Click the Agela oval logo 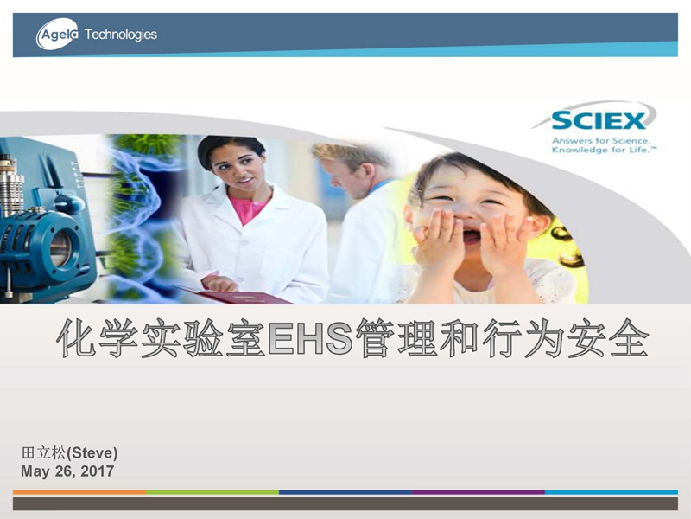pos(57,34)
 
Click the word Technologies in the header pos(120,35)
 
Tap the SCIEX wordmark pos(599,120)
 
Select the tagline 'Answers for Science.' pos(600,141)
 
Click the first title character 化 pos(77,338)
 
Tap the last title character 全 pos(629,338)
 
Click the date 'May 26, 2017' pos(67,471)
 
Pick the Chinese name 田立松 pos(44,452)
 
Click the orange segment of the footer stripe pos(79,492)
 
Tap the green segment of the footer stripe pos(212,492)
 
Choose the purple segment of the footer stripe pos(479,492)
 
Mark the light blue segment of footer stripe pos(612,492)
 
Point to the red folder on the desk pos(247,297)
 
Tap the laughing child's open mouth pos(472,237)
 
